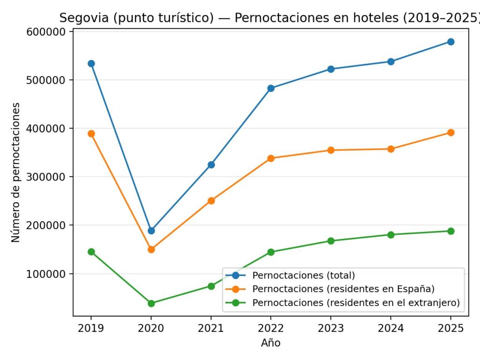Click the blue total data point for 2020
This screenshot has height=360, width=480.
[151, 231]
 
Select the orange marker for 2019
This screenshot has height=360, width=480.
[91, 134]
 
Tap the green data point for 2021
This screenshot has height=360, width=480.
[211, 286]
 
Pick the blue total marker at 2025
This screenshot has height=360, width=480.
[450, 42]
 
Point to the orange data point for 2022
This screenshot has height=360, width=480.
[271, 158]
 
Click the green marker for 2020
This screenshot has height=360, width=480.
[151, 303]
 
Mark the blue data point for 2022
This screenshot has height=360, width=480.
[271, 88]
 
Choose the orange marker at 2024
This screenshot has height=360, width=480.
[390, 149]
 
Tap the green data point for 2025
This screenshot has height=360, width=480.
[450, 231]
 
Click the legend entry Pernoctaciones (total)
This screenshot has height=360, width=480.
[303, 275]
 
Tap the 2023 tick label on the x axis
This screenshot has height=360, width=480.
[331, 328]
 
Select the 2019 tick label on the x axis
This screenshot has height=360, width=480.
[91, 328]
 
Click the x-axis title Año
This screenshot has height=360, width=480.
[270, 343]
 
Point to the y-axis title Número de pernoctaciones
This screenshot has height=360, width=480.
[16, 172]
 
